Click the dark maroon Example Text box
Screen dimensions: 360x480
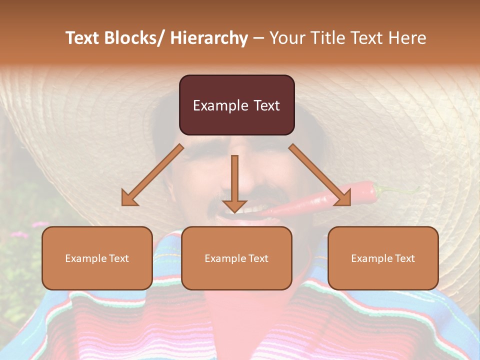coord(236,105)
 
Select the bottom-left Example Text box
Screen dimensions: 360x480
coord(97,258)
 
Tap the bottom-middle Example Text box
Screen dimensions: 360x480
coord(236,258)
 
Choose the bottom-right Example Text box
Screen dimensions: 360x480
coord(383,258)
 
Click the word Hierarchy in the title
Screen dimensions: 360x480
coord(209,38)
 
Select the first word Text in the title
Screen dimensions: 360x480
coord(81,38)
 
